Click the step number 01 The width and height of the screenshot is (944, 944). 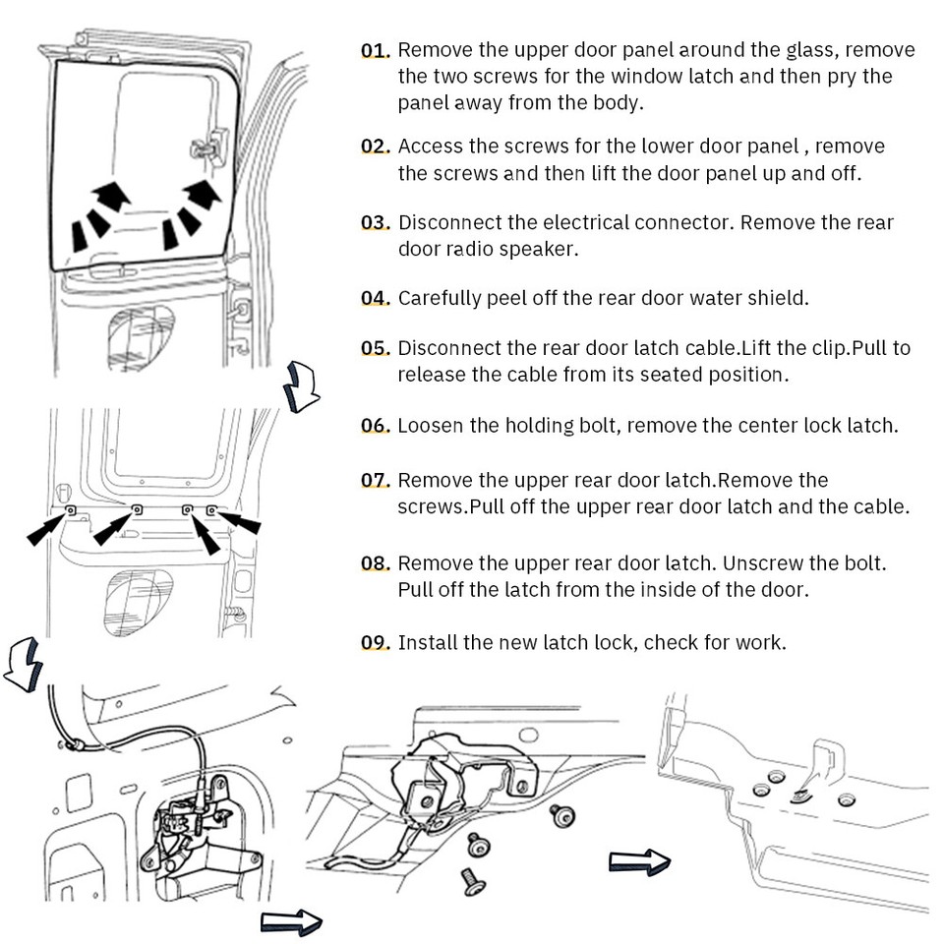(375, 50)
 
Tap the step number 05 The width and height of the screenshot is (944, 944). (375, 348)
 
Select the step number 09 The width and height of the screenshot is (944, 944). (375, 643)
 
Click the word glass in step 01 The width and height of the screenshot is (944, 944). (811, 50)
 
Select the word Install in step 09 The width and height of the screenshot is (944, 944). (427, 643)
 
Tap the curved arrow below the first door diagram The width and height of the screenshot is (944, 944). (301, 385)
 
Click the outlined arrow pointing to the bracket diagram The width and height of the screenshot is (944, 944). (639, 862)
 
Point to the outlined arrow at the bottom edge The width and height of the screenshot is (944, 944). (291, 921)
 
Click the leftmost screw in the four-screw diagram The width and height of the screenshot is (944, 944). (71, 509)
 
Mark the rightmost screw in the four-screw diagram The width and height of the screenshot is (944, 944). (211, 510)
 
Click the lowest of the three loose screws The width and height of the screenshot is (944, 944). (473, 880)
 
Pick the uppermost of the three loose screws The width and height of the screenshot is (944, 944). (562, 814)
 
